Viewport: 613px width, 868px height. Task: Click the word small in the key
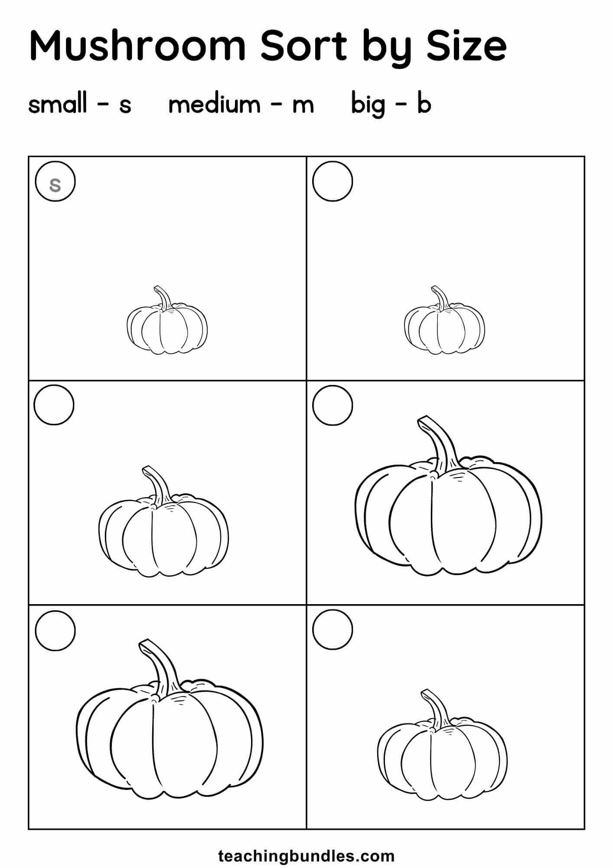click(58, 105)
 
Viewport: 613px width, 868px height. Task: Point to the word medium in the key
click(214, 105)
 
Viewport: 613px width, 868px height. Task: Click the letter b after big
click(424, 105)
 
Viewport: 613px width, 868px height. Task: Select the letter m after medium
click(303, 107)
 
